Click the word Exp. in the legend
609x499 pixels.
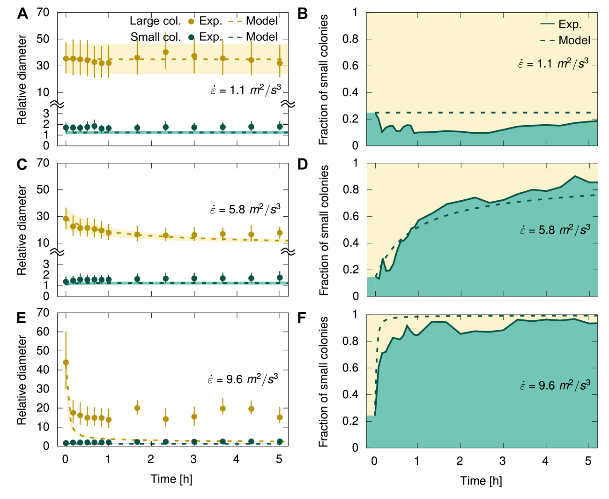pyautogui.click(x=570, y=24)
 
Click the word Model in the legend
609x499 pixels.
pyautogui.click(x=574, y=40)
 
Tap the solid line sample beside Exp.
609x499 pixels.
pyautogui.click(x=547, y=24)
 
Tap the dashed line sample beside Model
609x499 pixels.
pyautogui.click(x=547, y=40)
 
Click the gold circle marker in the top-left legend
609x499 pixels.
pyautogui.click(x=191, y=22)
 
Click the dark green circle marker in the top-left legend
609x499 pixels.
pyautogui.click(x=191, y=37)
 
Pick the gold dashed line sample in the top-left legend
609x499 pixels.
pyautogui.click(x=235, y=22)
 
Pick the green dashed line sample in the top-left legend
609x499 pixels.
pyautogui.click(x=235, y=37)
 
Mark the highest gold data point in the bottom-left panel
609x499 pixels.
pyautogui.click(x=66, y=362)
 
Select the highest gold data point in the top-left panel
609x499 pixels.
pyautogui.click(x=165, y=52)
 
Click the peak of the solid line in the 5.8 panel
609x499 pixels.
pyautogui.click(x=575, y=176)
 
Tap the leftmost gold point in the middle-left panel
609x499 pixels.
pyautogui.click(x=66, y=219)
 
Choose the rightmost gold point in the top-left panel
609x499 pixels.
pyautogui.click(x=280, y=63)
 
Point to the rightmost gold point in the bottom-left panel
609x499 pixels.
pyautogui.click(x=280, y=417)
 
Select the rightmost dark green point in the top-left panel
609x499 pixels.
pyautogui.click(x=280, y=127)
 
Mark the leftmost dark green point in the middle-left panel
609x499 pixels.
pyautogui.click(x=66, y=282)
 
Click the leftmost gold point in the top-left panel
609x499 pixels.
pyautogui.click(x=66, y=59)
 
